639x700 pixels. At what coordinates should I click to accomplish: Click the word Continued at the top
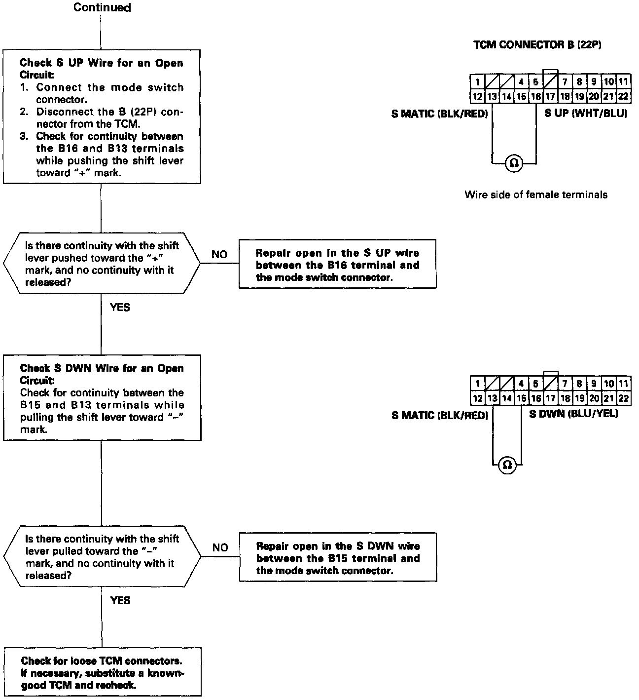pos(102,7)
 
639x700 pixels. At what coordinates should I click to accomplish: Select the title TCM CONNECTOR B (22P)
pos(537,45)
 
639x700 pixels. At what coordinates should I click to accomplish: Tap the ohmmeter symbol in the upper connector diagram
pos(514,162)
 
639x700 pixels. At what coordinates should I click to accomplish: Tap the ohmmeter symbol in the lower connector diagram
pos(507,465)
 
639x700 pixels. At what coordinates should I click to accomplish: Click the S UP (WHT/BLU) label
pos(585,113)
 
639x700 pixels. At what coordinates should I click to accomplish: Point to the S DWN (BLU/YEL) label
pos(573,414)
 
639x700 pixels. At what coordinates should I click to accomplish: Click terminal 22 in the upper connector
pos(623,96)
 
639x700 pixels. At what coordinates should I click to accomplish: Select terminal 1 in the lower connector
pos(477,383)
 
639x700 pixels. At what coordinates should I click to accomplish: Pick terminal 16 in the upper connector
pos(535,96)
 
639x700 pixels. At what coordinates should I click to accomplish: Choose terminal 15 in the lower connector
pos(521,398)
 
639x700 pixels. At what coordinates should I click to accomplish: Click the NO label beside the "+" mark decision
pos(219,254)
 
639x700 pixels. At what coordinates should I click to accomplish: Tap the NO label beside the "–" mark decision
pos(220,547)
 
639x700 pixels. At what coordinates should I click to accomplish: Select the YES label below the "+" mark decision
pos(120,307)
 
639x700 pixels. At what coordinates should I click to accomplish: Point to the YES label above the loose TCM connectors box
pos(120,600)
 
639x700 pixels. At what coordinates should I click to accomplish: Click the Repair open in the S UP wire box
pos(337,265)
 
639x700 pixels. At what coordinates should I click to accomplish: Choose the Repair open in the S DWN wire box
pos(338,558)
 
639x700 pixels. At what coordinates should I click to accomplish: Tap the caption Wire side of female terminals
pos(535,194)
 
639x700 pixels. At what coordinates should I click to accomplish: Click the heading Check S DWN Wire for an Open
pos(102,368)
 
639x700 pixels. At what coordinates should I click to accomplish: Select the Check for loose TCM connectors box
pos(102,672)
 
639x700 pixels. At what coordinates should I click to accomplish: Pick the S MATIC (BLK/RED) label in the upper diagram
pos(439,114)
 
